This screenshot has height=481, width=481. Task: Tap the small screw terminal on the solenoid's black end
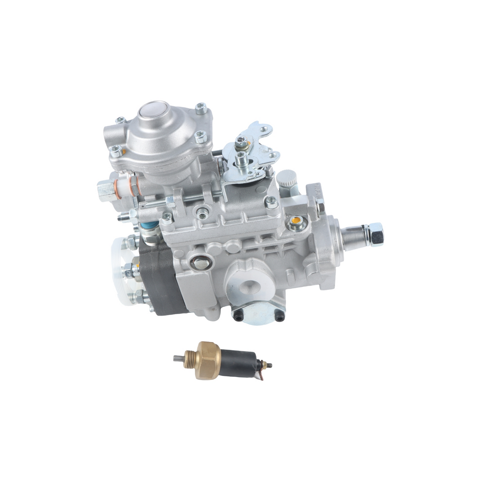[270, 365]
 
